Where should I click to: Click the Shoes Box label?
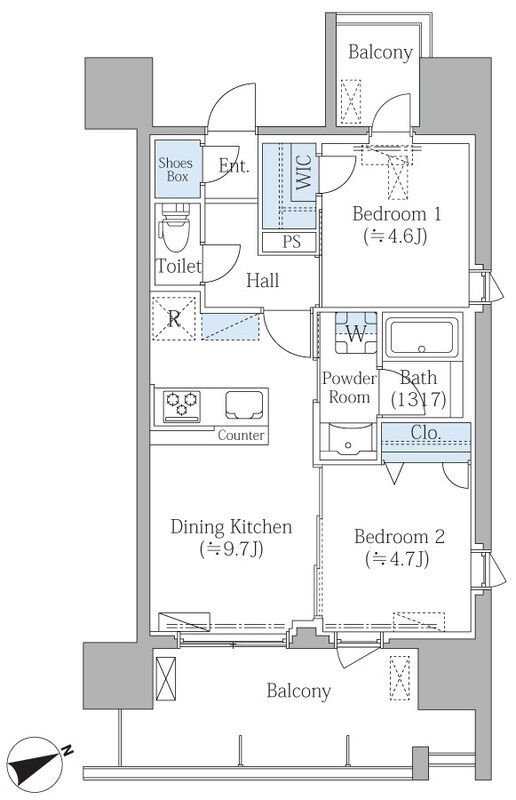tap(176, 170)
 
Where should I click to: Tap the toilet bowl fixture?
tap(175, 228)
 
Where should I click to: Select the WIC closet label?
tap(303, 173)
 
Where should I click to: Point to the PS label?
tap(291, 242)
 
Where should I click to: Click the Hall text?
tap(262, 280)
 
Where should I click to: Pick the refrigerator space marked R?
tap(174, 319)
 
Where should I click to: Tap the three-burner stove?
tap(182, 406)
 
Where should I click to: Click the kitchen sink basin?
tap(244, 405)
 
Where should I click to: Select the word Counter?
tap(241, 435)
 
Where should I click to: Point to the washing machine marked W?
tap(356, 333)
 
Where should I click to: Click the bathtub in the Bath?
tap(422, 338)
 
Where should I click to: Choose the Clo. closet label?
tap(426, 433)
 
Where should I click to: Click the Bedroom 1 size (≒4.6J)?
tap(396, 236)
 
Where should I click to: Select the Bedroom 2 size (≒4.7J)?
tap(397, 559)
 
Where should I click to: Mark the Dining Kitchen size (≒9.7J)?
tap(231, 549)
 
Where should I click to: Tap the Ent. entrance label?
tap(234, 166)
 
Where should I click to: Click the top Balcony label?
tap(380, 52)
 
